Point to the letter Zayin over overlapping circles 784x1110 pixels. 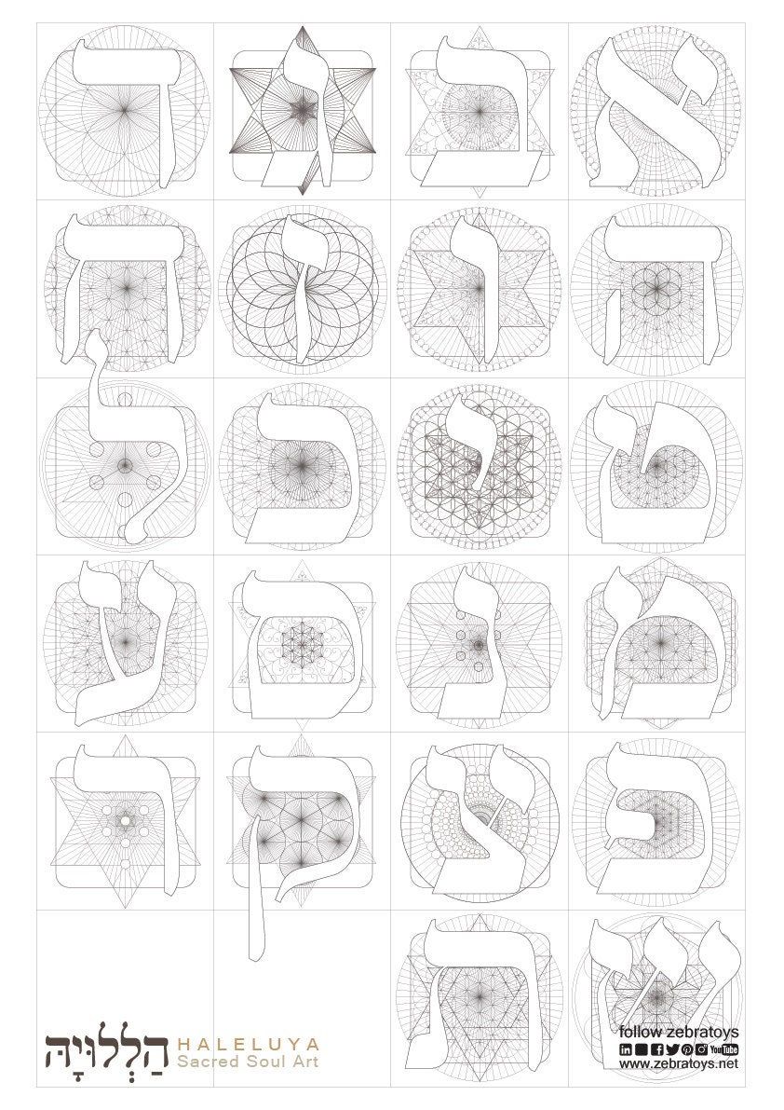tap(303, 287)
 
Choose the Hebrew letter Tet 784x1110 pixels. tap(656, 467)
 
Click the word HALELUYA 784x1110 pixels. tap(248, 1044)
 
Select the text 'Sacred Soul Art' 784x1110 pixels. tap(248, 1062)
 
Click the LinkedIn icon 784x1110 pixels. tap(626, 1049)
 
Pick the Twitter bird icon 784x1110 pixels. tap(669, 1049)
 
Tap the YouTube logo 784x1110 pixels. tap(723, 1049)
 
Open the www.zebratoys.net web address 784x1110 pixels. tap(679, 1063)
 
